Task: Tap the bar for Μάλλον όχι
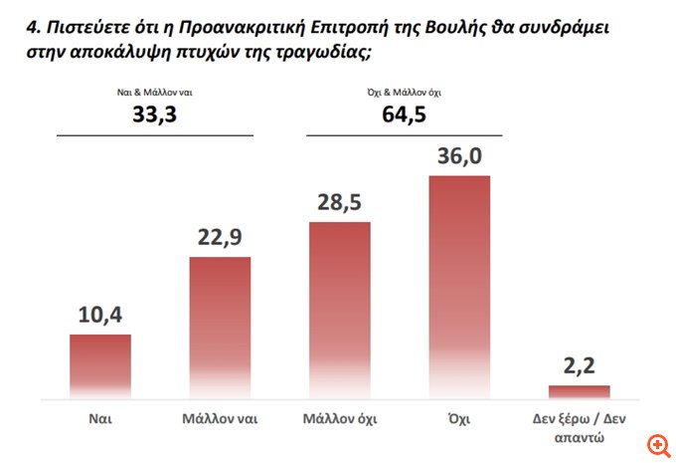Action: click(340, 309)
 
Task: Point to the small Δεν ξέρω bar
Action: click(580, 391)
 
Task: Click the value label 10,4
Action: click(99, 317)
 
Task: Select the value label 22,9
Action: click(220, 239)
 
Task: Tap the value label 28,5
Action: click(340, 204)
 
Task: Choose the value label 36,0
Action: click(459, 158)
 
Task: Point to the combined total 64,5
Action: click(404, 115)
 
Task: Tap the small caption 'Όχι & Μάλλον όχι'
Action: click(404, 93)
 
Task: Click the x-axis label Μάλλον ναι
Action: click(220, 419)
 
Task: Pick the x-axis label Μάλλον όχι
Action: click(340, 419)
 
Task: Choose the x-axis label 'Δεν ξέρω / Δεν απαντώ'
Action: click(580, 428)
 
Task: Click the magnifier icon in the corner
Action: click(655, 443)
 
